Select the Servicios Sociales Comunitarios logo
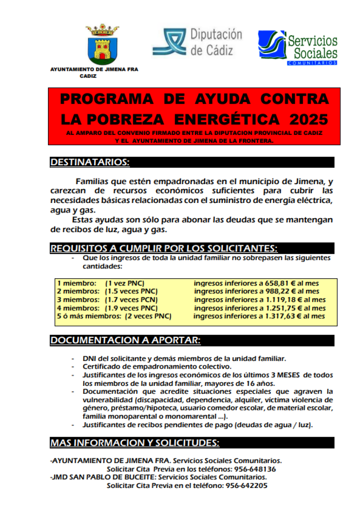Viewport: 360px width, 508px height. [x=297, y=47]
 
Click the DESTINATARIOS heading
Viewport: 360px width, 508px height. [x=90, y=163]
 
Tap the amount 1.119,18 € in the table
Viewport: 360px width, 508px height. [x=280, y=300]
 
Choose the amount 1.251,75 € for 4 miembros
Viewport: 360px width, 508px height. [x=280, y=308]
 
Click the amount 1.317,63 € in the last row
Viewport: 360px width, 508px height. [x=280, y=316]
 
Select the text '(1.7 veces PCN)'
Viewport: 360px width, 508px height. [x=131, y=300]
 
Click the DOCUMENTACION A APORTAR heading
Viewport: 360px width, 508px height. [x=125, y=340]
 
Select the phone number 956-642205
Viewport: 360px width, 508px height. [x=246, y=486]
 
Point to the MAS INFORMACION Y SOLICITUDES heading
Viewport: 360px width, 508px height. [x=135, y=443]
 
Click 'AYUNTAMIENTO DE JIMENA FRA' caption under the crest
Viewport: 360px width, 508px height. [x=94, y=69]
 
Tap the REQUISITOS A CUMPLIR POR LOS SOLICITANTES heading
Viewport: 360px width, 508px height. [x=164, y=248]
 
